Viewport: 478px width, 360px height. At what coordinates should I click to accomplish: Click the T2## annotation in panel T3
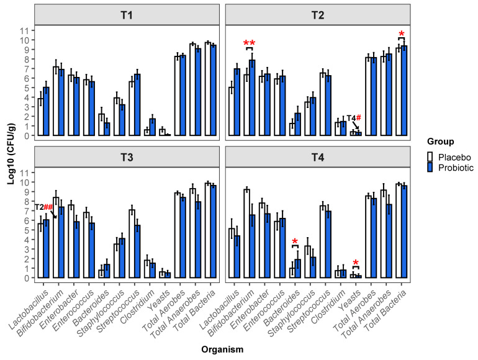tap(43, 207)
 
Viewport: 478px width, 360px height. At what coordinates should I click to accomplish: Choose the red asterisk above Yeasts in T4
tap(356, 263)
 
